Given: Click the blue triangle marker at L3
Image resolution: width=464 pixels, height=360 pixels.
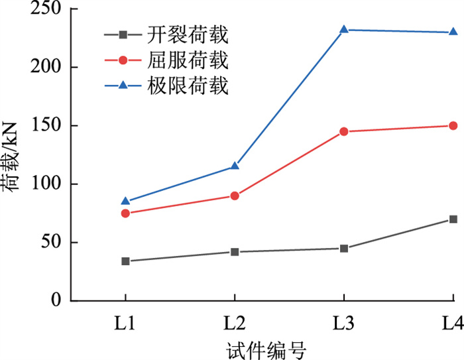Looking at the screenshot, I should pyautogui.click(x=344, y=30).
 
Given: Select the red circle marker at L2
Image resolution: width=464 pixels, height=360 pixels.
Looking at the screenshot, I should pyautogui.click(x=235, y=196).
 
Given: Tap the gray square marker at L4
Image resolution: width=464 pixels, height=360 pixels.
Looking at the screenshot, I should pyautogui.click(x=453, y=219).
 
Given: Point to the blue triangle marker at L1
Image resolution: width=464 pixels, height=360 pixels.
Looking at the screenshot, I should pyautogui.click(x=125, y=201).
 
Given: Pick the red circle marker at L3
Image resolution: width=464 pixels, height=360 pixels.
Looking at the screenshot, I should pyautogui.click(x=344, y=131).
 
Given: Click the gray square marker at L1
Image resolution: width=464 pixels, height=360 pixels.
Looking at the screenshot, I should pyautogui.click(x=125, y=261).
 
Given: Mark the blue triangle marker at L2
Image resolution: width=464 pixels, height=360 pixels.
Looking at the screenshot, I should pyautogui.click(x=235, y=166).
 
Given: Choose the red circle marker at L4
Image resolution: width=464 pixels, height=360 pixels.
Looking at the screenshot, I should pyautogui.click(x=453, y=125).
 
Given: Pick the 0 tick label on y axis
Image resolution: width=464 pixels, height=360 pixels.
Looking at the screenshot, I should pyautogui.click(x=56, y=300).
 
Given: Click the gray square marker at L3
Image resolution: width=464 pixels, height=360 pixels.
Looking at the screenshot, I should pyautogui.click(x=344, y=248).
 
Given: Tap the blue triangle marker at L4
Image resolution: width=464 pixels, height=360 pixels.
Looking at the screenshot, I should pyautogui.click(x=453, y=32).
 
